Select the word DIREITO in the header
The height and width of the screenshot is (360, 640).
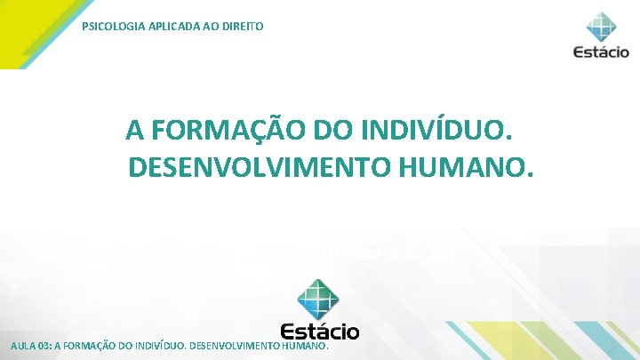pos(241,27)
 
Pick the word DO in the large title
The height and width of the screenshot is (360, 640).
pos(333,132)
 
